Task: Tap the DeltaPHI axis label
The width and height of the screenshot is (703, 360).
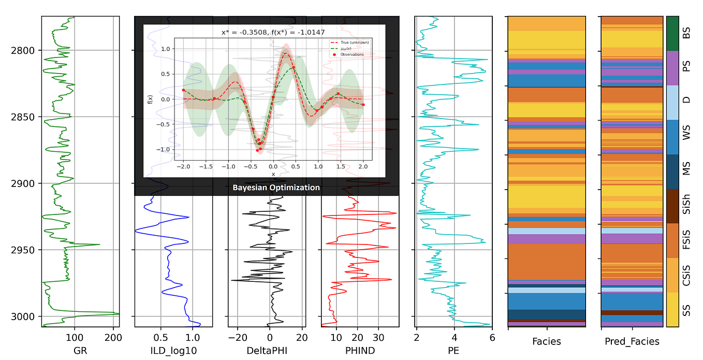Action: (267, 351)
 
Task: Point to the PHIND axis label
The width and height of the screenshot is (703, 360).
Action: (360, 351)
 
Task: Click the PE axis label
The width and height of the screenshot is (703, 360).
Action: (453, 350)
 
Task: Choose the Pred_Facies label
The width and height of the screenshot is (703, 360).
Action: (632, 341)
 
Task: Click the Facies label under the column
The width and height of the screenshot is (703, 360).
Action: (546, 341)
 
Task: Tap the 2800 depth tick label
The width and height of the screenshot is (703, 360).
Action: (22, 50)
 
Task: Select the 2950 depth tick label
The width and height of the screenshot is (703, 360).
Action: (22, 250)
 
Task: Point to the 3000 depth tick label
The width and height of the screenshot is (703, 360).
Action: (22, 316)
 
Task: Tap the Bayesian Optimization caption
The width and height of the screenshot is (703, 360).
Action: (276, 188)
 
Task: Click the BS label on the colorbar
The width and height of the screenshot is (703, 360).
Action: (686, 34)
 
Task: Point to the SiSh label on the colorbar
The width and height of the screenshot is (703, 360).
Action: (686, 206)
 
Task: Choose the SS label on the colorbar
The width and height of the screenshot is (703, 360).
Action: (686, 310)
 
